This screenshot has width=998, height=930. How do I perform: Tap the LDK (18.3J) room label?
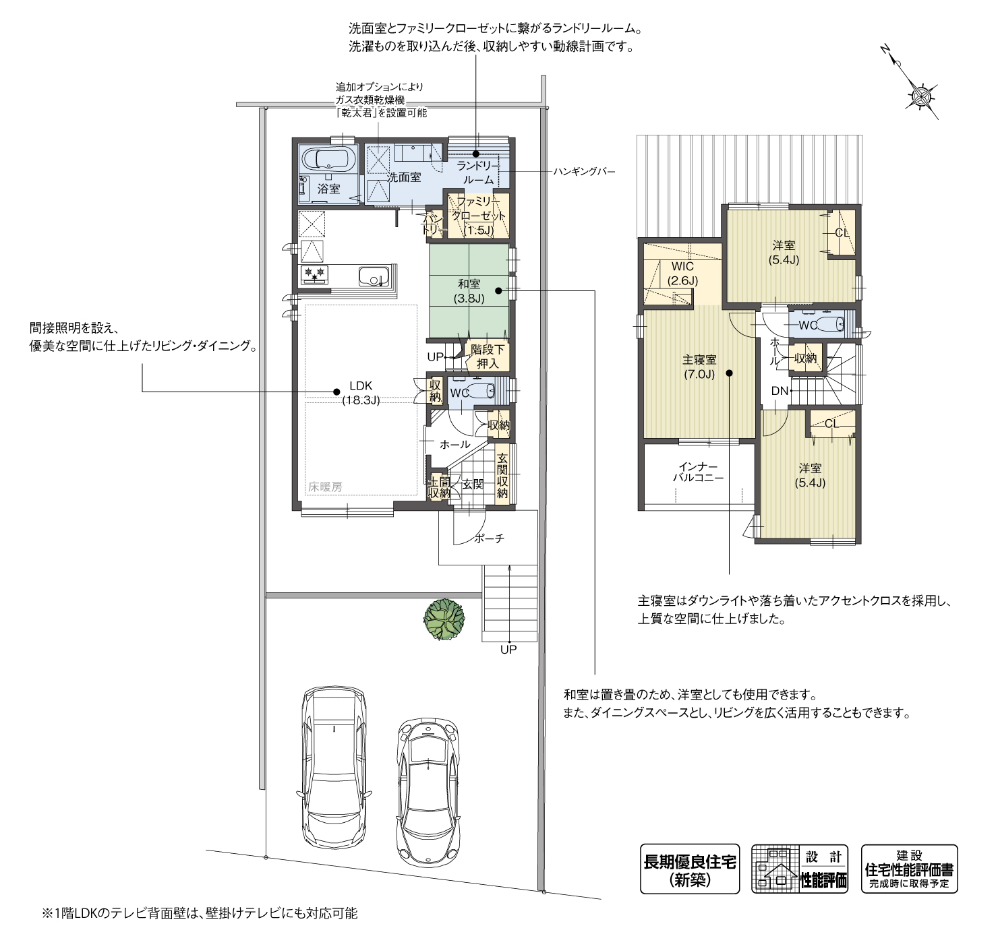click(360, 393)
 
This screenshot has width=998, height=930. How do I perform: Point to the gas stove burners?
click(315, 274)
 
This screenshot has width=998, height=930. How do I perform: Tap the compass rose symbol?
click(919, 95)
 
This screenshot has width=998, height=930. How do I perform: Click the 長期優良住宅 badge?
click(689, 869)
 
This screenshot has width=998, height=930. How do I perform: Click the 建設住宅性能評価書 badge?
click(909, 869)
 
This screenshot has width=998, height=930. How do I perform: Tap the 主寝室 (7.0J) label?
click(699, 367)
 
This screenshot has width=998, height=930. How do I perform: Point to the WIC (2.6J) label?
click(682, 274)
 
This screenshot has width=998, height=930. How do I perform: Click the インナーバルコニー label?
click(698, 472)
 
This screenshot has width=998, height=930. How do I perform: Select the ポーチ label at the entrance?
click(489, 538)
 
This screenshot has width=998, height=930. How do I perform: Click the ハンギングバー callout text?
click(584, 172)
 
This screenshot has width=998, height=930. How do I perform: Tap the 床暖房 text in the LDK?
click(326, 487)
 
